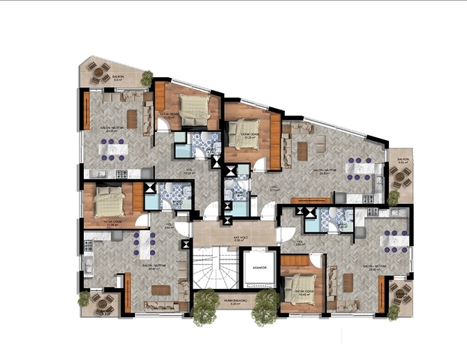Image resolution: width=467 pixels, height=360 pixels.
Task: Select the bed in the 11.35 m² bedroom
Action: pyautogui.click(x=109, y=202)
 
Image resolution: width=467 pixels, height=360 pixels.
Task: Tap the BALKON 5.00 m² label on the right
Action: pyautogui.click(x=403, y=160)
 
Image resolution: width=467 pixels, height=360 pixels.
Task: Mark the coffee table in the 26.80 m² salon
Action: pyautogui.click(x=303, y=151)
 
